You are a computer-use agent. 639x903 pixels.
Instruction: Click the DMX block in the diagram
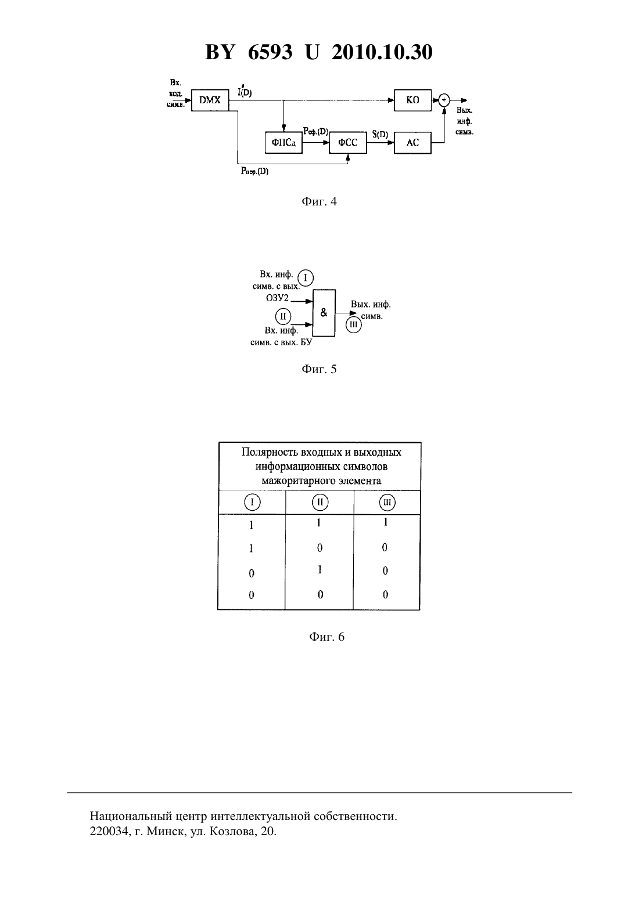[x=210, y=100]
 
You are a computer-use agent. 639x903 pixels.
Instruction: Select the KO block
[x=412, y=100]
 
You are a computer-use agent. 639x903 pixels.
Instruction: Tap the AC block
[x=412, y=142]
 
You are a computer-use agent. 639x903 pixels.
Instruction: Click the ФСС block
[x=348, y=142]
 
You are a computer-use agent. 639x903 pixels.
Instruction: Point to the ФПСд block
[x=283, y=142]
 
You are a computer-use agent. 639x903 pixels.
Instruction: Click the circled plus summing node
[x=444, y=100]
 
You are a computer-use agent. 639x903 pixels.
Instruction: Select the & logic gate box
[x=324, y=313]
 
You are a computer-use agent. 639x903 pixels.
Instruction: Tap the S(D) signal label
[x=379, y=134]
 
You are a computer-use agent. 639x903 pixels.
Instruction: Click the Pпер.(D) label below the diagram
[x=254, y=171]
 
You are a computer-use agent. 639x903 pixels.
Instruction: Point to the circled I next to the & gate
[x=306, y=278]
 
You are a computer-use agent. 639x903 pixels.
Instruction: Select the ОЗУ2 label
[x=277, y=298]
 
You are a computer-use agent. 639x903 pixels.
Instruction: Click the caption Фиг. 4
[x=319, y=201]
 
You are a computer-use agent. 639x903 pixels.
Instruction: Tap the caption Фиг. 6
[x=326, y=637]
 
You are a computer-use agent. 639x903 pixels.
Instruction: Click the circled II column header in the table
[x=320, y=503]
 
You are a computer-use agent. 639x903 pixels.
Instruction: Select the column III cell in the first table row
[x=386, y=522]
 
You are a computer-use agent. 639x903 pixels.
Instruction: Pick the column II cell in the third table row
[x=319, y=570]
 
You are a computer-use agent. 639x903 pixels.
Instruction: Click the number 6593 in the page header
[x=270, y=52]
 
